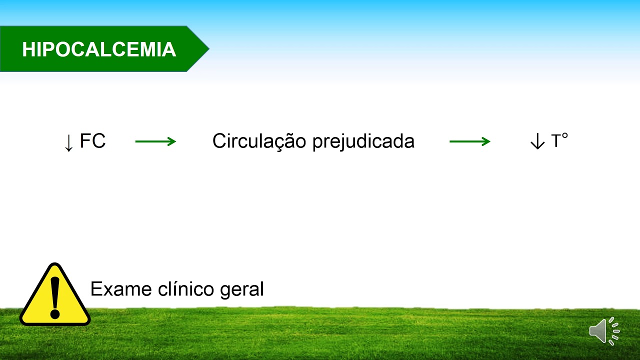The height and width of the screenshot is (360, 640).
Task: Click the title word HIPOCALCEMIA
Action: click(x=99, y=49)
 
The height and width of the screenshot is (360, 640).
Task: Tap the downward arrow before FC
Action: click(x=69, y=142)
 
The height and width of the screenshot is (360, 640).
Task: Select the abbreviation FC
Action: click(x=93, y=141)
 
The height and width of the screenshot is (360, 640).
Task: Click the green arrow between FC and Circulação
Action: click(x=155, y=141)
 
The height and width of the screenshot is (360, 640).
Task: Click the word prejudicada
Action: click(x=363, y=141)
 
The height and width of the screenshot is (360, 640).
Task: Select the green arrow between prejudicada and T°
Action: click(x=469, y=141)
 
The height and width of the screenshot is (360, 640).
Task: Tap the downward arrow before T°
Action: click(x=537, y=142)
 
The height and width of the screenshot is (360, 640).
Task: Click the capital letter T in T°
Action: click(x=555, y=141)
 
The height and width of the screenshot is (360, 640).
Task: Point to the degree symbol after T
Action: click(x=565, y=135)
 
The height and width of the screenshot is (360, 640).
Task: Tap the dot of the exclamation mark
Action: click(x=55, y=314)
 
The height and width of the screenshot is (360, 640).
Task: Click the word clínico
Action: click(x=187, y=289)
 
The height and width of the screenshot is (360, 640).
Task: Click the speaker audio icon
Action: click(x=604, y=330)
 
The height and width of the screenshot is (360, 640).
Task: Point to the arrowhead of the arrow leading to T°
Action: click(x=486, y=141)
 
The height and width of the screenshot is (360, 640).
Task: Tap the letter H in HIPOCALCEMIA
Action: click(x=28, y=49)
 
